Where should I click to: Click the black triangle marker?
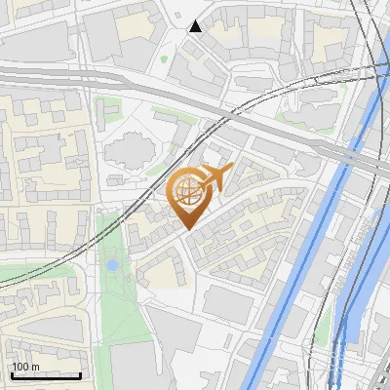(196, 26)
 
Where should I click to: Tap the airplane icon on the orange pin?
(214, 177)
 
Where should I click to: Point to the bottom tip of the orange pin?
(187, 229)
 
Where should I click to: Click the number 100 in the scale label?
(19, 367)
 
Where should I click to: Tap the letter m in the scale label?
(34, 367)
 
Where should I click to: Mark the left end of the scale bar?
(12, 375)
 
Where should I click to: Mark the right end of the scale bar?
(81, 375)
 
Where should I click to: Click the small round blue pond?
(112, 265)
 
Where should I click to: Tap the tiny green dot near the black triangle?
(164, 58)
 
